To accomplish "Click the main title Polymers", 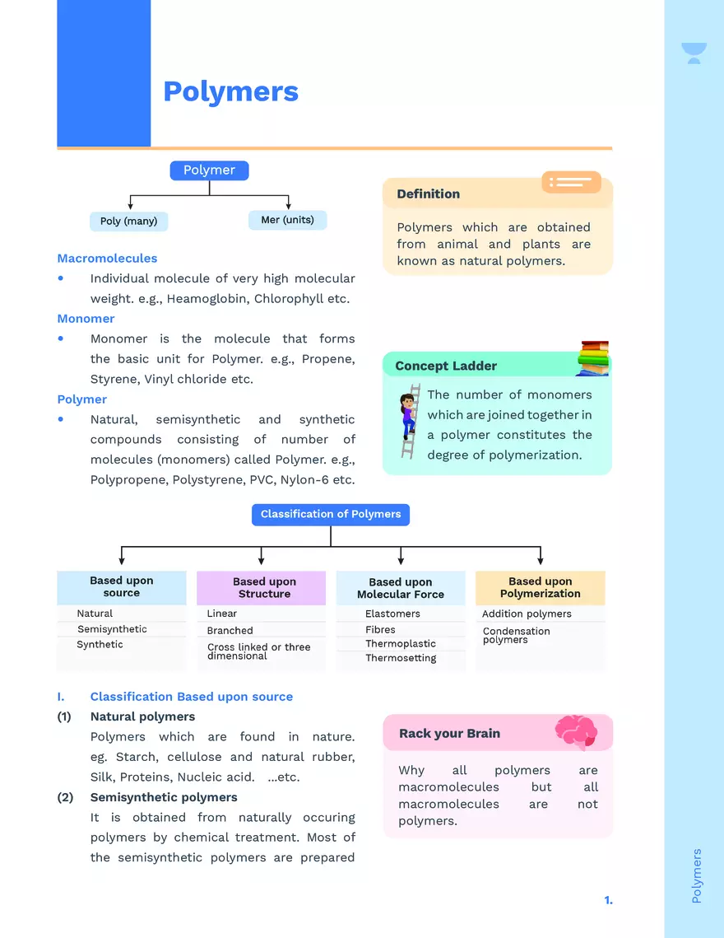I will tap(230, 91).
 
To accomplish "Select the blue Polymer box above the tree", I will tap(209, 170).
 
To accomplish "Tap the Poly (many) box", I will tap(128, 221).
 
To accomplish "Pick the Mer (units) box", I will tap(287, 220).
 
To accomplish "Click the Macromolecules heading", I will tap(107, 259).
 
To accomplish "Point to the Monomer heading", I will tap(86, 319).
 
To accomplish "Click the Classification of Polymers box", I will tap(331, 515).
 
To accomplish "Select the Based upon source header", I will tap(122, 587).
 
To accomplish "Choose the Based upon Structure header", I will tap(264, 588).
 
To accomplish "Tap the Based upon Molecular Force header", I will tap(401, 588).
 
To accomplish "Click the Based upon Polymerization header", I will tap(540, 587).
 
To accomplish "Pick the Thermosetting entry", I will tap(401, 658).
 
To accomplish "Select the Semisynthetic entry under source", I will tap(112, 629).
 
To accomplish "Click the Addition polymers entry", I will tap(527, 614).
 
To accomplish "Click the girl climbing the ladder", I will tap(409, 420).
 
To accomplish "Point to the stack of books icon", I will tap(592, 358).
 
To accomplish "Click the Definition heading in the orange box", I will tap(428, 194).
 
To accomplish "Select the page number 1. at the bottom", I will tap(608, 900).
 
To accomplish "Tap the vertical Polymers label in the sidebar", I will tap(697, 875).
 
